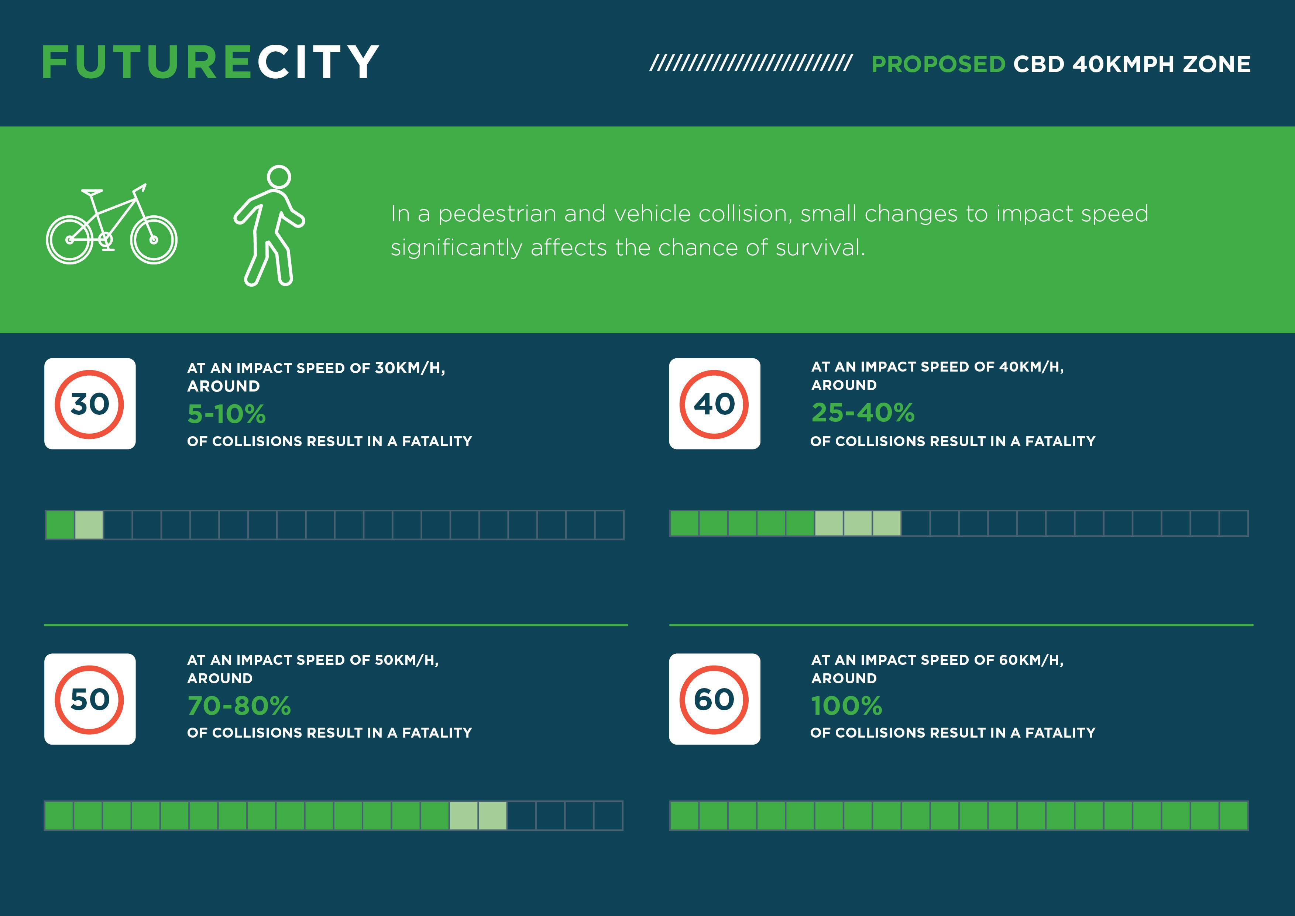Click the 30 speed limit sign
point(90,404)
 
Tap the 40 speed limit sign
point(715,404)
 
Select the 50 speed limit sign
point(90,699)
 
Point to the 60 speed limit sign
point(715,699)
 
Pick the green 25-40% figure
point(863,413)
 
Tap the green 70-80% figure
point(239,705)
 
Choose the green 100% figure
point(846,705)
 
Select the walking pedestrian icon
point(269,226)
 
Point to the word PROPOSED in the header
point(938,64)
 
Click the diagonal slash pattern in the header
point(751,63)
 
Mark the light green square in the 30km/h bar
point(89,525)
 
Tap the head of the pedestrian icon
point(279,177)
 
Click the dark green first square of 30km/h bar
point(60,525)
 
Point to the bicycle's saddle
point(92,192)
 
